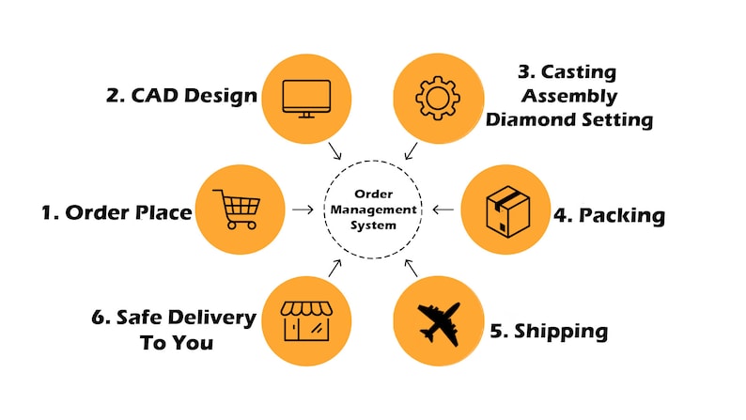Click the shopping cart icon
click(x=237, y=210)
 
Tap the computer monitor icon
click(x=306, y=99)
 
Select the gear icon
click(x=438, y=98)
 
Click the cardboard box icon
click(x=507, y=211)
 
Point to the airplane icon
click(x=439, y=324)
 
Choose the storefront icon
click(x=306, y=321)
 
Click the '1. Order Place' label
click(x=117, y=212)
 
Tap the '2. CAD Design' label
click(x=181, y=96)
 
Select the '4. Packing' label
click(x=610, y=215)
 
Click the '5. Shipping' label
click(x=549, y=332)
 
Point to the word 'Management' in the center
click(x=374, y=210)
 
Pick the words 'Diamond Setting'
click(x=569, y=119)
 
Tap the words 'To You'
click(x=177, y=342)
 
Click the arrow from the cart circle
click(x=303, y=210)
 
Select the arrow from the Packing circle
click(x=443, y=210)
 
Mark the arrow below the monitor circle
click(x=334, y=150)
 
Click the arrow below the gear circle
click(x=411, y=150)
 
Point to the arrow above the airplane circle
click(x=411, y=269)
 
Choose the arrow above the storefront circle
click(x=334, y=269)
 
